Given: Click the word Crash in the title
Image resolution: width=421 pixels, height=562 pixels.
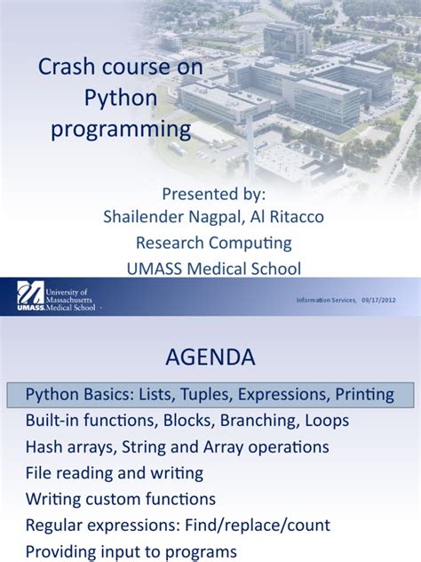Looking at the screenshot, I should click(63, 68).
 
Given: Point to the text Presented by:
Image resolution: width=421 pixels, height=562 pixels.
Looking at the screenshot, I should click(213, 195).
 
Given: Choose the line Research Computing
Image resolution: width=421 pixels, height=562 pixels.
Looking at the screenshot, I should click(213, 243).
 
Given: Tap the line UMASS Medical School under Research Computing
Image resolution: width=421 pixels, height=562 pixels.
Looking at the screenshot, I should click(213, 268).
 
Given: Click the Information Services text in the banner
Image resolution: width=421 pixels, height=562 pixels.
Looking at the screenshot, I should click(326, 301).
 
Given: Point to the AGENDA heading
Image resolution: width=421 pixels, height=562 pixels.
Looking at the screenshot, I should click(210, 357).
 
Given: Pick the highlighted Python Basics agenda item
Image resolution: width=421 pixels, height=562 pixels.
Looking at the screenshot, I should click(210, 395).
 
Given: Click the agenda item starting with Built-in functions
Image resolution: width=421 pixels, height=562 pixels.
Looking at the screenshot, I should click(187, 421).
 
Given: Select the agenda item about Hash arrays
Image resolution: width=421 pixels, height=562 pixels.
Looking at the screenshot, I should click(178, 446).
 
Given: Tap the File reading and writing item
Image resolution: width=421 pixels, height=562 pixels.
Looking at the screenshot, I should click(115, 473).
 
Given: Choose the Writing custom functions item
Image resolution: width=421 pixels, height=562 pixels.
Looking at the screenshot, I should click(121, 500).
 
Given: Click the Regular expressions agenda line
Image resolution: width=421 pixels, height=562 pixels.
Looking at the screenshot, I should click(178, 526).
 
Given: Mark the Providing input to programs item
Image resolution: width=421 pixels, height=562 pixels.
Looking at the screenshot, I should click(131, 551).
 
